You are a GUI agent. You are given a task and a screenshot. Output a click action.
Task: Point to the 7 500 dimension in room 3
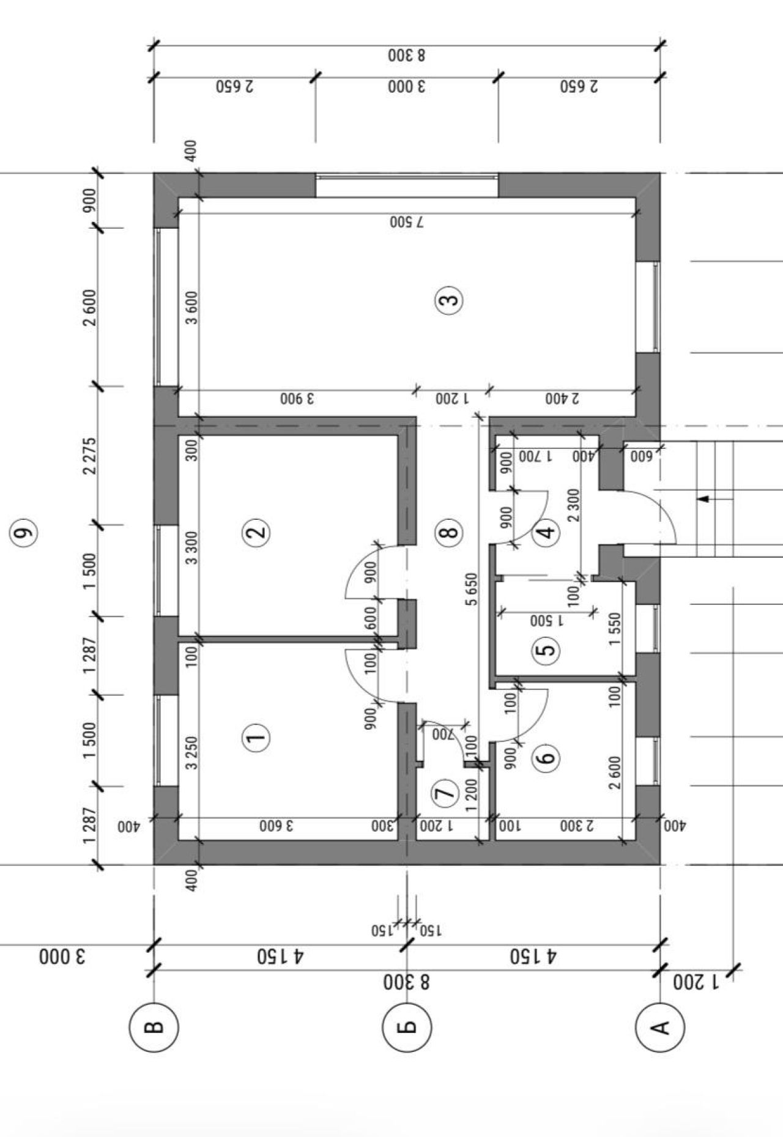point(407,221)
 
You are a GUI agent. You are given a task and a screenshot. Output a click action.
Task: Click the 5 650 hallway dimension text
point(471,589)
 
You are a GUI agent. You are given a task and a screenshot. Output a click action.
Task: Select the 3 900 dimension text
point(297,399)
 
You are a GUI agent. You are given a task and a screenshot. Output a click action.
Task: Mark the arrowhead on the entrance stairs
point(704,498)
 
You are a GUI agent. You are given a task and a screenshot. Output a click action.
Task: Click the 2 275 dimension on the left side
point(90,456)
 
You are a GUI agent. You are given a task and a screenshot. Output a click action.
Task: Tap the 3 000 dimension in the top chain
point(407,87)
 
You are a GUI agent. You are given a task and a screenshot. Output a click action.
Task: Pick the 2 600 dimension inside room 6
point(615,772)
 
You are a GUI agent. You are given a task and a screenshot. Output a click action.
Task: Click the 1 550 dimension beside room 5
point(615,629)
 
